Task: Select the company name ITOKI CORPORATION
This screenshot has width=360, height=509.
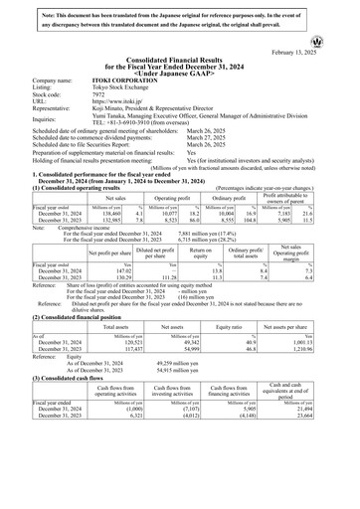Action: click(x=127, y=80)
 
